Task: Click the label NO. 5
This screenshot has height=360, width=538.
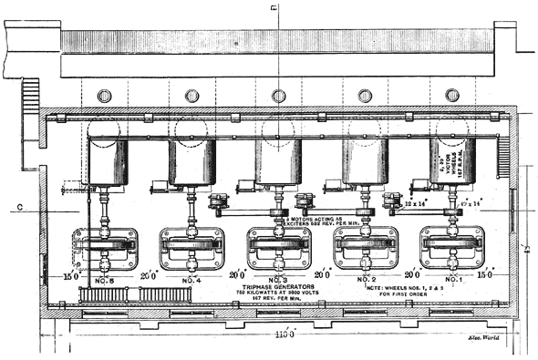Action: [x=105, y=279]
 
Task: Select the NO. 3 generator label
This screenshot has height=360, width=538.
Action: [x=279, y=279]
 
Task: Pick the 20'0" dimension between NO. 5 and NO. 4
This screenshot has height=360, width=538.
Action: [x=149, y=275]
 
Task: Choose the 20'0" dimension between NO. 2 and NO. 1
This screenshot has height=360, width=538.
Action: [x=411, y=275]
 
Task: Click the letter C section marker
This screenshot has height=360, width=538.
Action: [x=18, y=207]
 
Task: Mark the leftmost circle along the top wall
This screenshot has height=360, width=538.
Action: [x=103, y=96]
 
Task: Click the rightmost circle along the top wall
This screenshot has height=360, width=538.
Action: [x=452, y=96]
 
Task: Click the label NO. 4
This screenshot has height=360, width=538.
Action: [x=192, y=279]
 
